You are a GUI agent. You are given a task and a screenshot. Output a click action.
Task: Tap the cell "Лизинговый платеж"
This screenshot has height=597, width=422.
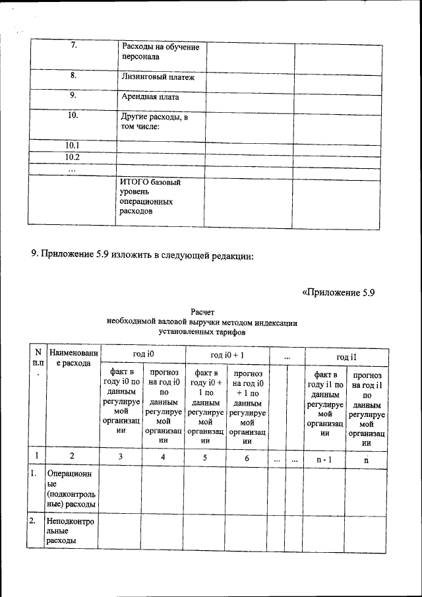pyautogui.click(x=158, y=77)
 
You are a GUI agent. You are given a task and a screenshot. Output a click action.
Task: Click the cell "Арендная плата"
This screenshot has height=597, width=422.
pyautogui.click(x=150, y=97)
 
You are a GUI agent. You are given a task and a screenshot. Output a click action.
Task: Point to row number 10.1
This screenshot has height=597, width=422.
pyautogui.click(x=73, y=145)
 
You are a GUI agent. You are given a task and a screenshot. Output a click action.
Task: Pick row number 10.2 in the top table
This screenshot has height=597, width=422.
pyautogui.click(x=73, y=157)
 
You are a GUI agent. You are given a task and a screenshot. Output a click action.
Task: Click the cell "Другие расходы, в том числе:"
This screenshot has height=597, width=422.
pyautogui.click(x=154, y=122)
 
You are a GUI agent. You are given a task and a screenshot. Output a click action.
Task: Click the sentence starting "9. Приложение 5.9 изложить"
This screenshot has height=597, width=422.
pyautogui.click(x=142, y=255)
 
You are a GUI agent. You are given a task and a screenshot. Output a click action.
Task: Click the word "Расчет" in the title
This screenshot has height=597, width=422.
pyautogui.click(x=202, y=312)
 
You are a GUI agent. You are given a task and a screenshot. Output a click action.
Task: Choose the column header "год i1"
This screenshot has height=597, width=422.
pyautogui.click(x=346, y=356)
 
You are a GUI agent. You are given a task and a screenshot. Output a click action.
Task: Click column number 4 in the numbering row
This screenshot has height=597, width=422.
pyautogui.click(x=162, y=456)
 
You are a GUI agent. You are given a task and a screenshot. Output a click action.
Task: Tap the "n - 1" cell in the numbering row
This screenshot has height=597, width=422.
pyautogui.click(x=323, y=456)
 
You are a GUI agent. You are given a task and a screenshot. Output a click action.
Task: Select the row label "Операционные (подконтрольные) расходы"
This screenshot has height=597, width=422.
pyautogui.click(x=71, y=489)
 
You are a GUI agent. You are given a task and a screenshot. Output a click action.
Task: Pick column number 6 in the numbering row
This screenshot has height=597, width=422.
pyautogui.click(x=247, y=456)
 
